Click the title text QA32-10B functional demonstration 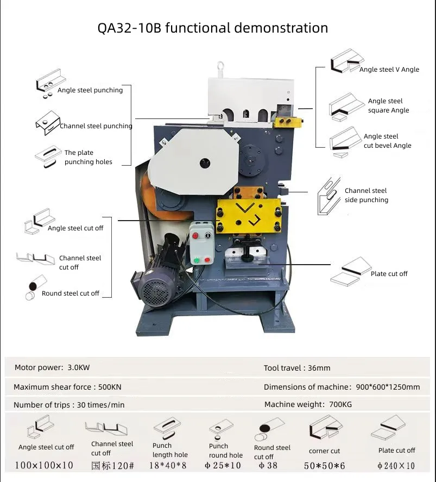coord(212,28)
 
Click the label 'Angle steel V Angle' coord(389,70)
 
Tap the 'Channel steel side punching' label coord(366,195)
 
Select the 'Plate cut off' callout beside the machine coord(389,274)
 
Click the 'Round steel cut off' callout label coord(71,293)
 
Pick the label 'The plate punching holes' coord(88,157)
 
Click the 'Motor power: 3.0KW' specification coord(52,367)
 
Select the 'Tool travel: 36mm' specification coord(296,368)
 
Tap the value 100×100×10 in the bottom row coord(44,465)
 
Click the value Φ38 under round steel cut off coord(268,465)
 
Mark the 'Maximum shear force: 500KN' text coord(68,387)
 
